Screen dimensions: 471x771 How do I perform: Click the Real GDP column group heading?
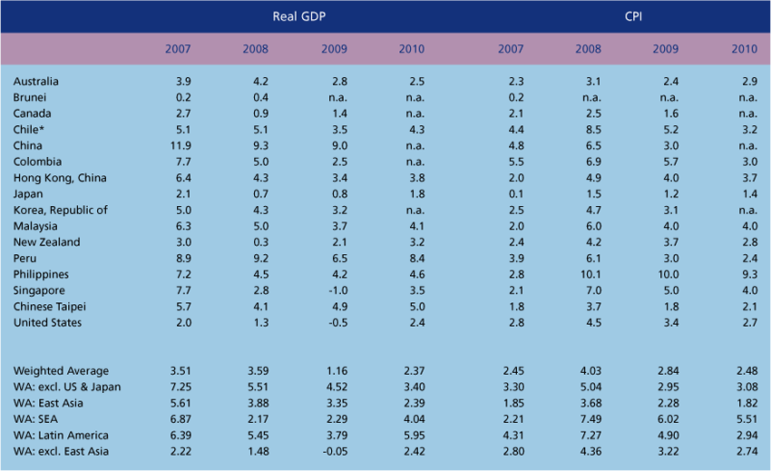(300, 16)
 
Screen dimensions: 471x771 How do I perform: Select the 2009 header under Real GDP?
(334, 48)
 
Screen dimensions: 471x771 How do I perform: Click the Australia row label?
(36, 82)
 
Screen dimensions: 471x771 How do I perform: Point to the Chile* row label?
(31, 130)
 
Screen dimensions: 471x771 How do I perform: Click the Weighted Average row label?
(61, 370)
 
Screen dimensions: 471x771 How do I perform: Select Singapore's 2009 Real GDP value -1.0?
(335, 290)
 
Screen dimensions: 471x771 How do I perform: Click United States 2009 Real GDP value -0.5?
(335, 322)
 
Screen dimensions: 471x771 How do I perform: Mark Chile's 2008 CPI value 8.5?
(590, 130)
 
